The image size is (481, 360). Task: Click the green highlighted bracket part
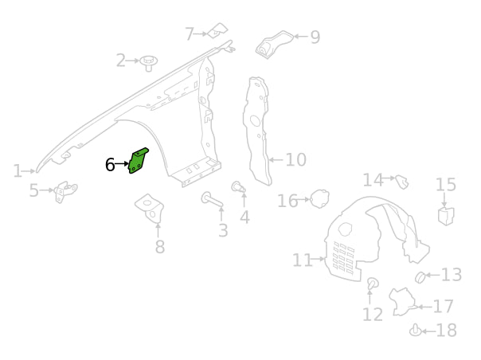pos(139,162)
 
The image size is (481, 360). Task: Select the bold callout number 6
pos(111,165)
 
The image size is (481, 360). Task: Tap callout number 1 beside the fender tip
pos(18,170)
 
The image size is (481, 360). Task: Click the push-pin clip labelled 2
pos(148,61)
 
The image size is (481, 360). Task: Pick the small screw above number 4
pos(237,187)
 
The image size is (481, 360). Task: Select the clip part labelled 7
pos(217,31)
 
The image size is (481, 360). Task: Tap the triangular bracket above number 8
pos(149,205)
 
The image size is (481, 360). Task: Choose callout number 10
pos(295,160)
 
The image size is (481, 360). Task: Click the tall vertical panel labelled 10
pos(256,127)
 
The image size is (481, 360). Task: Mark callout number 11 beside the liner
pos(303,260)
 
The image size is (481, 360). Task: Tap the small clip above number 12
pos(372,284)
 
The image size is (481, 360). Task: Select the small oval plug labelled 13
pos(420,276)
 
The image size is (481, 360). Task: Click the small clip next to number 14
pos(402,182)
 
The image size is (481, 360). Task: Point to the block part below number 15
pos(446,215)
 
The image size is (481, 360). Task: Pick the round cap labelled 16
pos(319,199)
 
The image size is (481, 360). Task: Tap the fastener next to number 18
pos(415,331)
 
